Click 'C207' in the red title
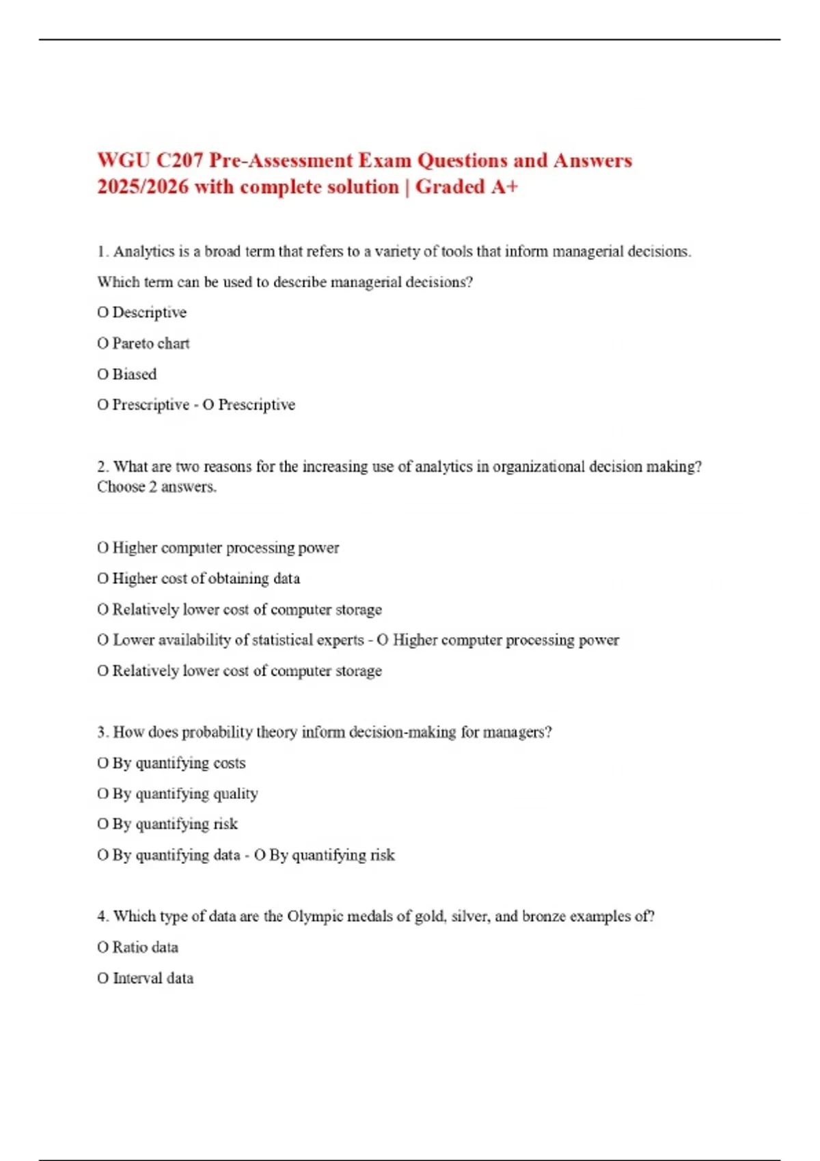point(180,160)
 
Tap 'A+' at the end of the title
point(504,186)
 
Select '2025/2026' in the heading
point(142,186)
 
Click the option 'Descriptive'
point(149,313)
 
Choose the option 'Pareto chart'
point(150,344)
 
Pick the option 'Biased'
point(134,374)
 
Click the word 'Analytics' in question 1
point(143,251)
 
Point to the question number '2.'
point(103,466)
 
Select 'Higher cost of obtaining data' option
point(206,578)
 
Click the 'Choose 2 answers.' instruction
point(156,487)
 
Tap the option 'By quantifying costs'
point(178,763)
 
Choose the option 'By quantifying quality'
point(184,794)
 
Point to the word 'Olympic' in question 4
point(315,917)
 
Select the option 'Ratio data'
point(145,947)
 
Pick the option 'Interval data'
point(152,978)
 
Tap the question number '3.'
point(103,732)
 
